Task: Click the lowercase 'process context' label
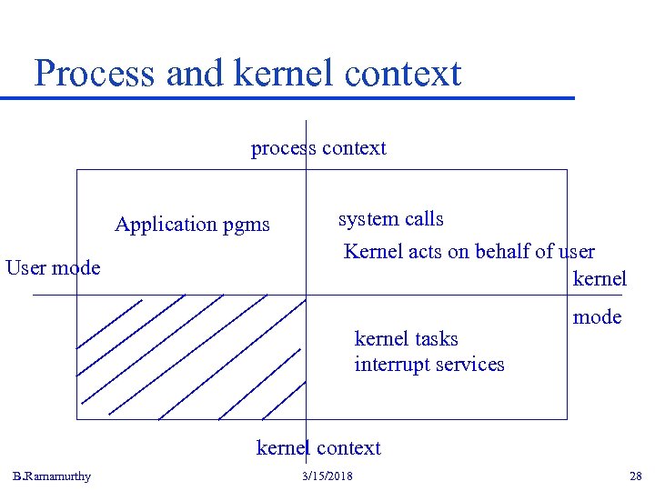(318, 148)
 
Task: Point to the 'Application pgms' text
(192, 224)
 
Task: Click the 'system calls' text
(390, 219)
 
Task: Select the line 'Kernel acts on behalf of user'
(469, 251)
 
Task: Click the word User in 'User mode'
(27, 267)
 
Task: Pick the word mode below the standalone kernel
(597, 316)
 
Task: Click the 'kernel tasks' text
(406, 339)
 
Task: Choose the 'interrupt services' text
(428, 365)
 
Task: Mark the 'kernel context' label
(318, 447)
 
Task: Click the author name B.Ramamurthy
(52, 476)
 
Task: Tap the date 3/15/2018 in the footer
(327, 476)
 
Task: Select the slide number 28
(635, 476)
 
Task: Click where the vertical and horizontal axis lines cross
(307, 296)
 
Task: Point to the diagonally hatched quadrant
(191, 356)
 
